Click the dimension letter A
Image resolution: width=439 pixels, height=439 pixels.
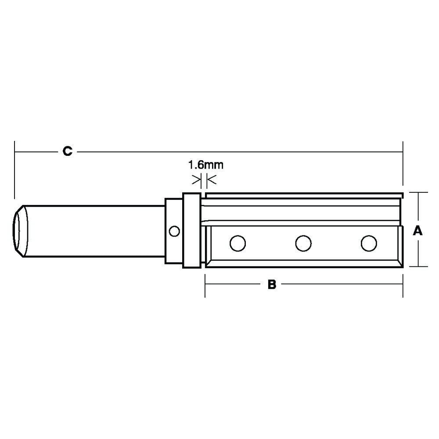coord(418,230)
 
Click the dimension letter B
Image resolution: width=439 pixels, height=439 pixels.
coord(272,285)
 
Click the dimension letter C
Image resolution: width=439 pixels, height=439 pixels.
coord(67,152)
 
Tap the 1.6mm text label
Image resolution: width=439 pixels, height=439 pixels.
coord(206,166)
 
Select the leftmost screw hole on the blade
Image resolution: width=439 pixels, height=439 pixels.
coord(237,243)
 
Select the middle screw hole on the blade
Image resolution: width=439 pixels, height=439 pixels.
coord(303,243)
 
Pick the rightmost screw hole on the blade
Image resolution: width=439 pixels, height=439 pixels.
coord(368,243)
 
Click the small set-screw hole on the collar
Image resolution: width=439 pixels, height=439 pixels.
coord(174,231)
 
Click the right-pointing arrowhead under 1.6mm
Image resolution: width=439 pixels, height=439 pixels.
coord(196,179)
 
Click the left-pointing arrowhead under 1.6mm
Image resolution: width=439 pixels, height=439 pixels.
coord(211,179)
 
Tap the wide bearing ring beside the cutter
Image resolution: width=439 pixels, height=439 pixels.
coord(191,230)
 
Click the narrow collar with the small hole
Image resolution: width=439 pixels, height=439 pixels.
coord(173,246)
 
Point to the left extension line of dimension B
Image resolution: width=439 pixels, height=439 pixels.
coord(205,285)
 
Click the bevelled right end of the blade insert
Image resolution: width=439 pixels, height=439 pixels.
coord(400,246)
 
